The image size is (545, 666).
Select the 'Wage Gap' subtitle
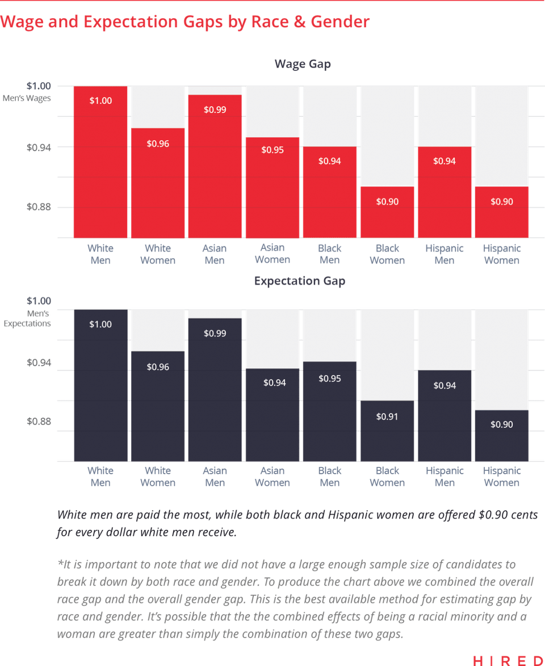coord(303,64)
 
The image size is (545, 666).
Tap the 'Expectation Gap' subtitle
coord(299,281)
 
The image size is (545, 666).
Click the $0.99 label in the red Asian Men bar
coord(215,109)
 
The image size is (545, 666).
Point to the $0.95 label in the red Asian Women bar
coord(272,150)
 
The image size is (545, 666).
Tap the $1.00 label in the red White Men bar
coord(101,100)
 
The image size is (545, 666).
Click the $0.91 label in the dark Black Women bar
coord(387,417)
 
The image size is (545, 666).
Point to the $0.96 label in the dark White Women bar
coord(158,367)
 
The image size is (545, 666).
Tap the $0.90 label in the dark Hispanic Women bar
coord(501,424)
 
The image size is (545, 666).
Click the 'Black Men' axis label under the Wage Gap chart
coord(330,255)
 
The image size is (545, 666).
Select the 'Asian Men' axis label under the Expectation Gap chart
coord(215,477)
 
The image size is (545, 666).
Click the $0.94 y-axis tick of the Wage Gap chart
coord(39,147)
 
